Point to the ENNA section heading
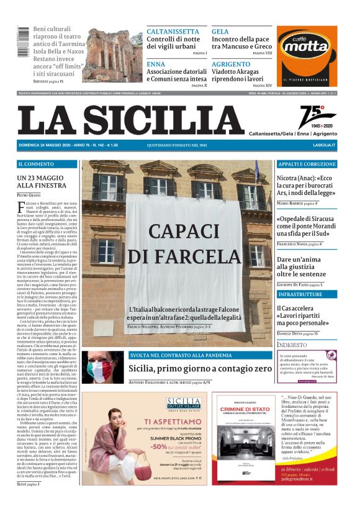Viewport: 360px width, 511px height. [156, 64]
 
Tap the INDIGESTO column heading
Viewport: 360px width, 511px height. [292, 344]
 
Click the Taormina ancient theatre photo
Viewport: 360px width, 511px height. [114, 54]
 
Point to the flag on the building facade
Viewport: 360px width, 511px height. [258, 172]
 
